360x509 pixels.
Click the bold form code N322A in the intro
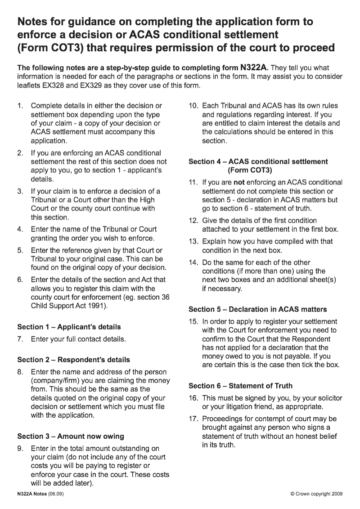tap(254, 68)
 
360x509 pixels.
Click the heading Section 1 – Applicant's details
tap(69, 327)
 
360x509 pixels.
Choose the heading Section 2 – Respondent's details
tap(73, 360)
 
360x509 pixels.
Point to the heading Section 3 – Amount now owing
tap(71, 436)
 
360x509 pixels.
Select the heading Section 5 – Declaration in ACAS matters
tap(258, 309)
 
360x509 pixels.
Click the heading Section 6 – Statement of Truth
tap(240, 386)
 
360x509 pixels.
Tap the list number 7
tap(20, 339)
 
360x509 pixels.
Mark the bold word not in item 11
tap(238, 183)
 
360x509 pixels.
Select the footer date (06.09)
tap(56, 493)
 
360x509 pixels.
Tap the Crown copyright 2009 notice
tap(317, 494)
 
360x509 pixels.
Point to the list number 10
tap(193, 106)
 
